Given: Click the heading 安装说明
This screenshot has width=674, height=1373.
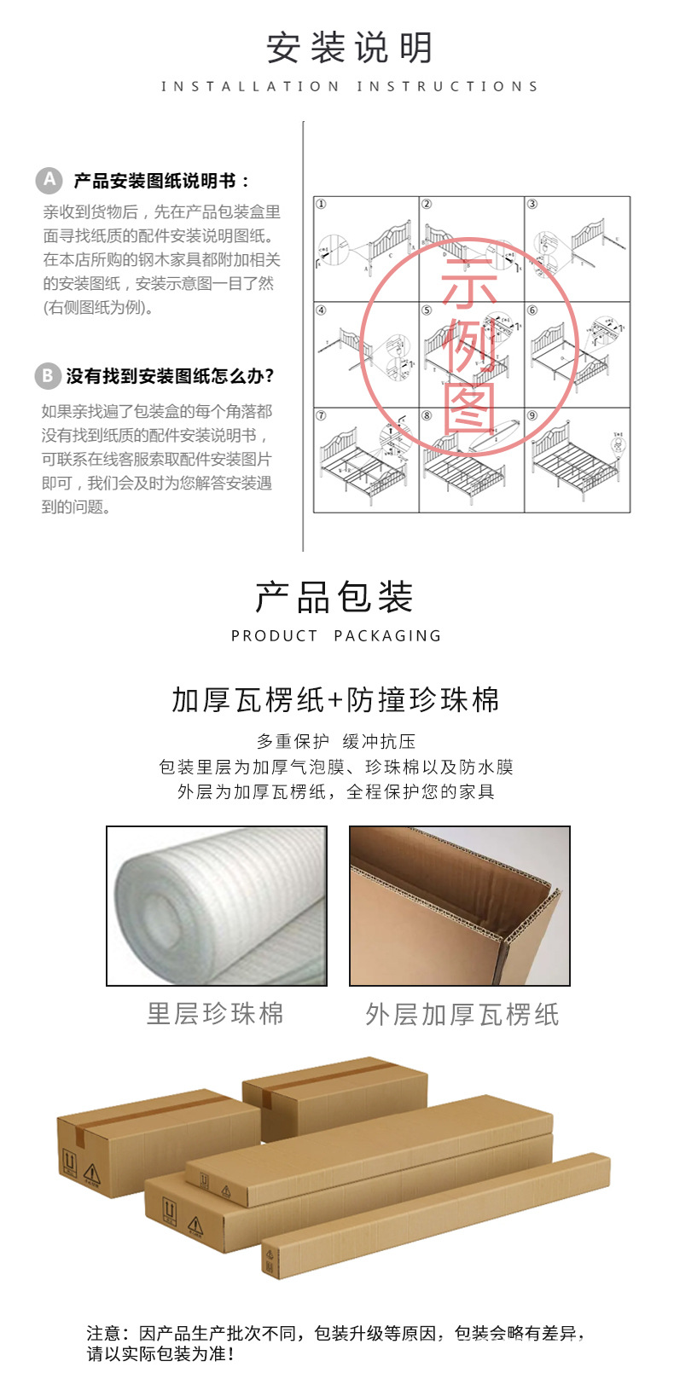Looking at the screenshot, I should click(x=350, y=48).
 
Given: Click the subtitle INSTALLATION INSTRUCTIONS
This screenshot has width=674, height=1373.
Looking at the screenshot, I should click(x=350, y=86).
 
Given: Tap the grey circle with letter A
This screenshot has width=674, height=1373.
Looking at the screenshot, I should click(x=49, y=180).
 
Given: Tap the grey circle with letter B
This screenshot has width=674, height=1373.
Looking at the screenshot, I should click(x=48, y=376).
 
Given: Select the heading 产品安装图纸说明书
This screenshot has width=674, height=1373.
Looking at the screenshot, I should click(x=162, y=181).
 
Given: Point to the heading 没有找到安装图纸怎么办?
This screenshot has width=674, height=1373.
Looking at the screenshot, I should click(x=171, y=376).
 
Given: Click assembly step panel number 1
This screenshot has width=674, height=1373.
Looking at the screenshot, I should click(x=366, y=249).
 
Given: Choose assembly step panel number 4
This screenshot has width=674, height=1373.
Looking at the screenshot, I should click(x=366, y=354).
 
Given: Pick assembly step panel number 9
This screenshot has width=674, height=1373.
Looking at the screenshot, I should click(x=577, y=461).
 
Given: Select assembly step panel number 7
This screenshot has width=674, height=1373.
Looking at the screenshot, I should click(x=366, y=461).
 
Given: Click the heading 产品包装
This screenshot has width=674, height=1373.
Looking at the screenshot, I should click(x=334, y=597).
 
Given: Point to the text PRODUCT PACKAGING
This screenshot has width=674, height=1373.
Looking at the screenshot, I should click(x=336, y=636).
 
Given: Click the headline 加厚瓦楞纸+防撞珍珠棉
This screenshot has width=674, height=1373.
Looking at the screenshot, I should click(x=336, y=700).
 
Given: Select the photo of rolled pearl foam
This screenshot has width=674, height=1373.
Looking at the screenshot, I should click(x=217, y=906).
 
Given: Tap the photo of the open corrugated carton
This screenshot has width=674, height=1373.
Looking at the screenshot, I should click(x=459, y=906).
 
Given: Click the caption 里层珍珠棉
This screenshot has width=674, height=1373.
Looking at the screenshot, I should click(x=215, y=1014).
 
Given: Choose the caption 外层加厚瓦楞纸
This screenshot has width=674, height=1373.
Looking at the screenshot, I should click(x=462, y=1015).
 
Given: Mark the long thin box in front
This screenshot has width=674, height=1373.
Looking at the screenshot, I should click(x=435, y=1216).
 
